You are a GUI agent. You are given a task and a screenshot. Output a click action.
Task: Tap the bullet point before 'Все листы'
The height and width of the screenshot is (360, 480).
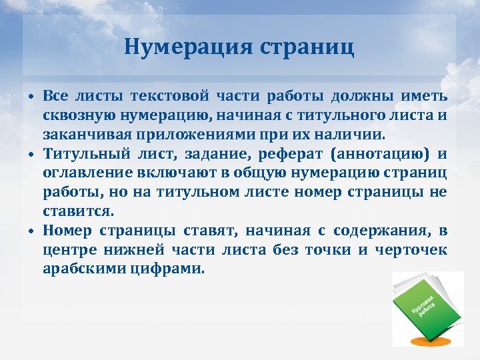click(x=31, y=98)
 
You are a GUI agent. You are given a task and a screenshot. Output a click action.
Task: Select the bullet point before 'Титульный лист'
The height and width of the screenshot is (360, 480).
click(x=31, y=155)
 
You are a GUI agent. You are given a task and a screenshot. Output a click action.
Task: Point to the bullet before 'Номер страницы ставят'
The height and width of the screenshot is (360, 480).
click(x=31, y=232)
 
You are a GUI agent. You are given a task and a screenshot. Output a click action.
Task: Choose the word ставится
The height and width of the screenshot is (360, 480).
click(x=78, y=212)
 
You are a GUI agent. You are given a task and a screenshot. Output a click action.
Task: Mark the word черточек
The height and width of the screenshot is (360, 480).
click(x=411, y=250)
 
